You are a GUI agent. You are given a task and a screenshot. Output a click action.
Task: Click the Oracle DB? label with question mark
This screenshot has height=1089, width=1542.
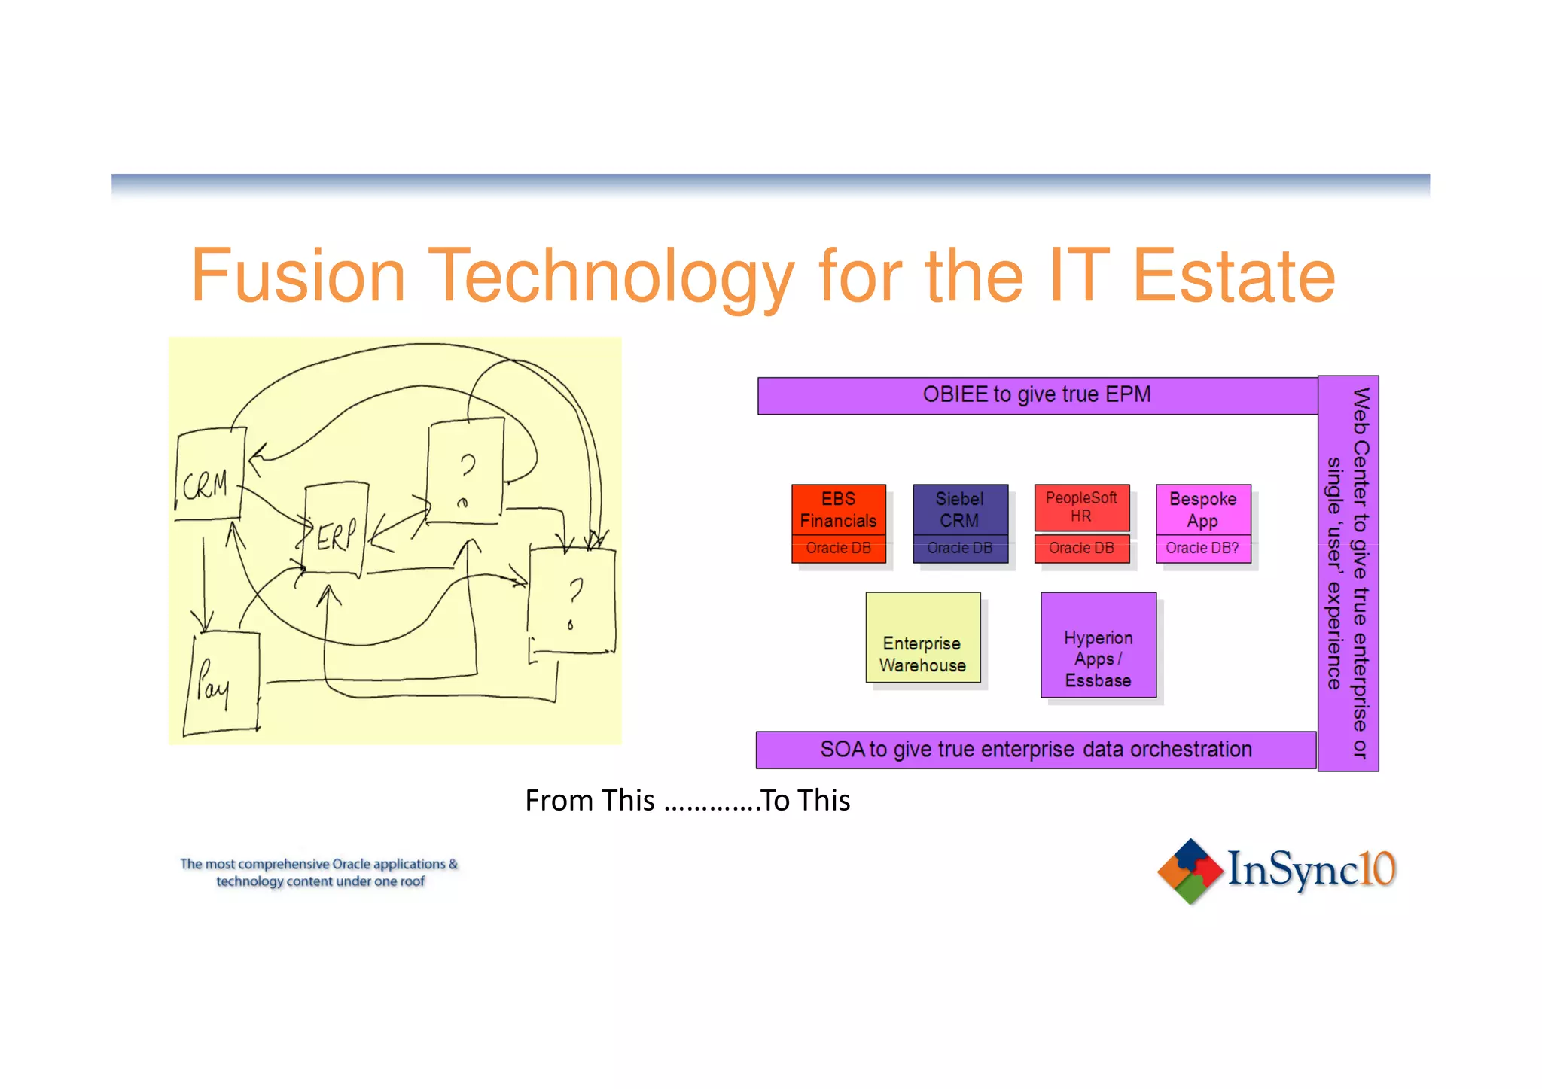pos(1202,549)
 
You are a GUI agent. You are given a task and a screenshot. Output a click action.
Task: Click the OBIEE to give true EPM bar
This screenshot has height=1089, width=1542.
pos(1037,395)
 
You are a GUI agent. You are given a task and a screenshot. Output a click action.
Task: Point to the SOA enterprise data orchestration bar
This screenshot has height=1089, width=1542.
pos(1036,750)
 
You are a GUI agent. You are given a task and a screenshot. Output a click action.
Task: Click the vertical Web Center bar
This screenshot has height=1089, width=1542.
pos(1348,573)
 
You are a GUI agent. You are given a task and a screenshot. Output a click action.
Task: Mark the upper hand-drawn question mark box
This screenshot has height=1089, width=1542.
pos(465,471)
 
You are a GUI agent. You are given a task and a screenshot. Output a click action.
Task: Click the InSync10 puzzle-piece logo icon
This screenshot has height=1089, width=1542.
pos(1190,871)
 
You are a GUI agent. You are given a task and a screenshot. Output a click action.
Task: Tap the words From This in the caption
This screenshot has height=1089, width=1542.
pos(590,801)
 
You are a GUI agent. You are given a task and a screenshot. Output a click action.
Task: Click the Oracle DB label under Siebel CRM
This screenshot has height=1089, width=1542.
pos(960,549)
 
